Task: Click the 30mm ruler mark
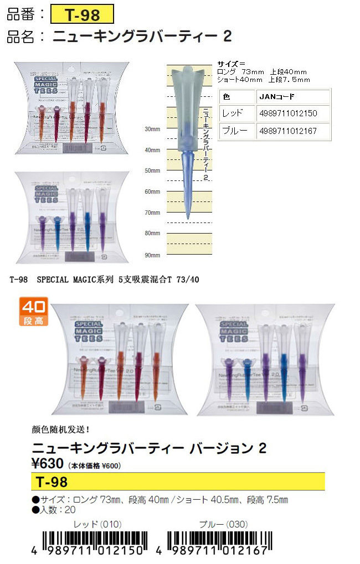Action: pyautogui.click(x=152, y=129)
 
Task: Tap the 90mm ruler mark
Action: pyautogui.click(x=152, y=255)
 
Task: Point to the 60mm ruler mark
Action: pyautogui.click(x=152, y=192)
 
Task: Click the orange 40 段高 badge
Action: pyautogui.click(x=34, y=311)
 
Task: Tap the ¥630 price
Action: pyautogui.click(x=49, y=464)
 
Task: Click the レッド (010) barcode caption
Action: pyautogui.click(x=97, y=524)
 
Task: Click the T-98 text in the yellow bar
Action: pyautogui.click(x=51, y=481)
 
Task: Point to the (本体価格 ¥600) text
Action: pyautogui.click(x=95, y=465)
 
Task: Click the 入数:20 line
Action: pyautogui.click(x=54, y=510)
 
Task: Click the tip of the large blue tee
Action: pyautogui.click(x=188, y=219)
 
